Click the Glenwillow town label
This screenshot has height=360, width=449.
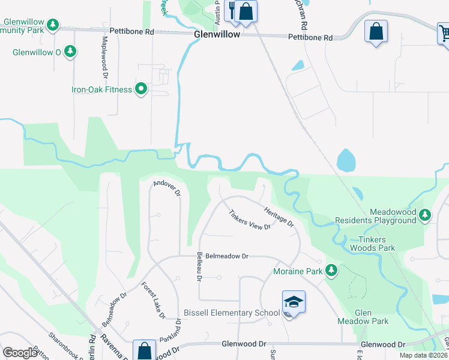click(x=217, y=35)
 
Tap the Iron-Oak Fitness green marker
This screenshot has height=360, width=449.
click(x=141, y=89)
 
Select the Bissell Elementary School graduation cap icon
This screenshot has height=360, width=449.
click(x=294, y=301)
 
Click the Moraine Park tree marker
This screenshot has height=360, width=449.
click(x=331, y=271)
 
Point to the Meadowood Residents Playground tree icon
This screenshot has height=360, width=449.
click(x=426, y=214)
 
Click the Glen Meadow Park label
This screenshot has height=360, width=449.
click(x=372, y=317)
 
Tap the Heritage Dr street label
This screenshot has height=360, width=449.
click(x=279, y=215)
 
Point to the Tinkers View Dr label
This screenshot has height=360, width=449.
click(x=250, y=220)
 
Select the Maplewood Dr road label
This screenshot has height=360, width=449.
click(x=104, y=58)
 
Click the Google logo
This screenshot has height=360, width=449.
click(x=20, y=353)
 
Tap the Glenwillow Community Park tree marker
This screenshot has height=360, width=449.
click(x=53, y=25)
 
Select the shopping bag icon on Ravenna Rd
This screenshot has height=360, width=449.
click(x=145, y=350)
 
